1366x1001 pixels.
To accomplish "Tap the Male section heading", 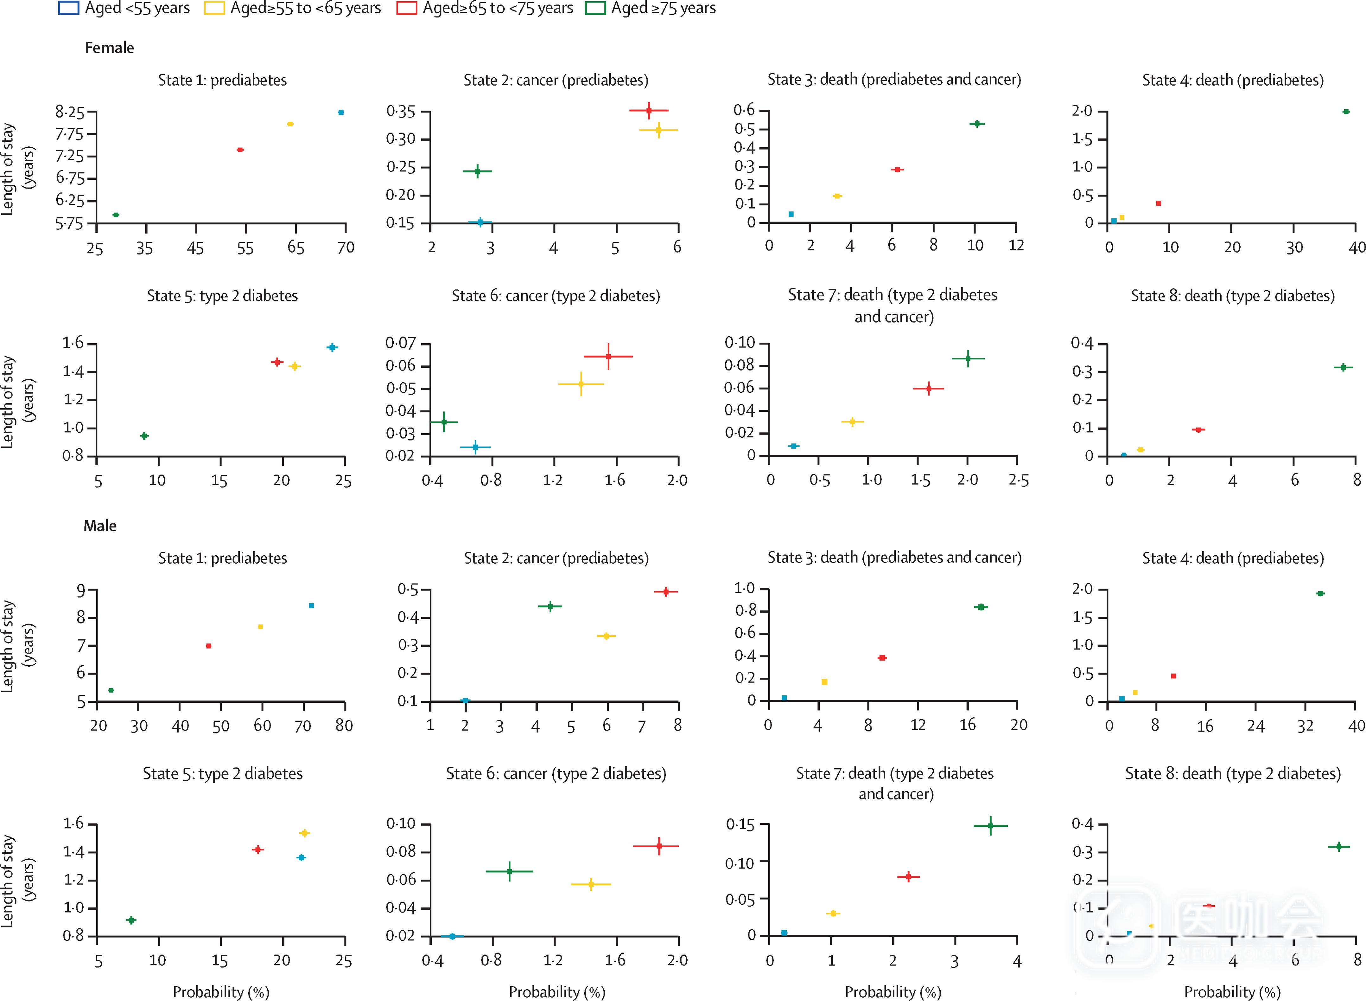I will (100, 526).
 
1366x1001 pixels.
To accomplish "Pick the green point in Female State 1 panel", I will (116, 215).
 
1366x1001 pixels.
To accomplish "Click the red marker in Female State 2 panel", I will (649, 110).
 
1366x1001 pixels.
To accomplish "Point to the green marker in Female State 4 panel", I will (1345, 112).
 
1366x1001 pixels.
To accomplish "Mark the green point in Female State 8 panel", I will (1343, 367).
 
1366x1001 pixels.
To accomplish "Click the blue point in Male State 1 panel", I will (311, 605).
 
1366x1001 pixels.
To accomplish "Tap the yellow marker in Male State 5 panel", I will (304, 833).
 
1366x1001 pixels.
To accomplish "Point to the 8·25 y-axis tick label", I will (70, 112).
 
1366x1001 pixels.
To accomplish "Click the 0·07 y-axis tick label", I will (401, 344).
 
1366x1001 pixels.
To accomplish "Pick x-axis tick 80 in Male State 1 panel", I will (344, 725).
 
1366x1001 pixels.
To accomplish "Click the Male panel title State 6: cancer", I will (556, 774).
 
